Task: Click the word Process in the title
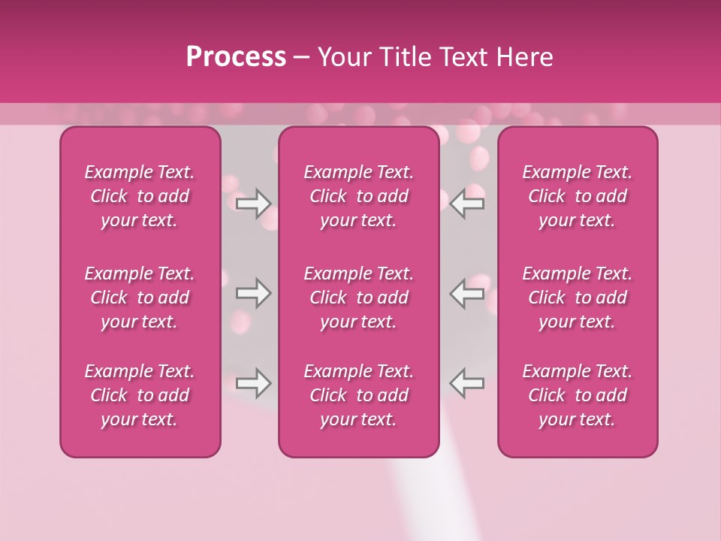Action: (236, 57)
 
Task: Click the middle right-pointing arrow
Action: (254, 294)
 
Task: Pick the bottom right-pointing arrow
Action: (254, 384)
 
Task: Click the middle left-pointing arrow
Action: (467, 294)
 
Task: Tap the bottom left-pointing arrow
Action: (467, 384)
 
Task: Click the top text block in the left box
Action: (140, 196)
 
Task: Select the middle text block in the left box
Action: (140, 298)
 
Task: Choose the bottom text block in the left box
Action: (140, 395)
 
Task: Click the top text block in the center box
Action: (359, 196)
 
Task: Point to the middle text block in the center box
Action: (359, 298)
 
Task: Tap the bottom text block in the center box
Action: (359, 395)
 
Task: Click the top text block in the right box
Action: (578, 196)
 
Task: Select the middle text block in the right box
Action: (578, 298)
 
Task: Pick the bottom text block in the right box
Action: (578, 395)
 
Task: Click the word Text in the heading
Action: (464, 57)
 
